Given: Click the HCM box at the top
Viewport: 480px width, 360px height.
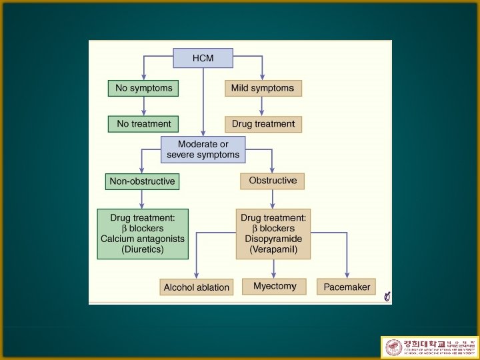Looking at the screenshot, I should [x=203, y=58].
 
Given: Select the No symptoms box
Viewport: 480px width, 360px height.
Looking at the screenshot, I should [x=143, y=88].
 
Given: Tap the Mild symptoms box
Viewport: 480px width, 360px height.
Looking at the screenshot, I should [x=262, y=88].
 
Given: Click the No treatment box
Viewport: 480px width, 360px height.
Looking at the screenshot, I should [x=143, y=123].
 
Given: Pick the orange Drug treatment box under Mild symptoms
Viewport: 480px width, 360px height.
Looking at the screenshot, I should [x=263, y=124].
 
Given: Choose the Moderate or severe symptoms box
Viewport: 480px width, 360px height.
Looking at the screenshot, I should [x=203, y=149].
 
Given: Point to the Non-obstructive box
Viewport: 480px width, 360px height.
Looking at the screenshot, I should [x=142, y=181].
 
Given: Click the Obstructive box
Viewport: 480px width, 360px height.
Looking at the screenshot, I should [x=272, y=181].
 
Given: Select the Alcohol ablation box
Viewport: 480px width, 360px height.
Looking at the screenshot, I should [x=196, y=287].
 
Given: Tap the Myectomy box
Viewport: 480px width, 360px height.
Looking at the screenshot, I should [x=274, y=287].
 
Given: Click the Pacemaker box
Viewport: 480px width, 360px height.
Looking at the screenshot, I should [x=347, y=287].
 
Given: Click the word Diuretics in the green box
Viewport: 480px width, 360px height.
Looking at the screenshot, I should [x=143, y=249].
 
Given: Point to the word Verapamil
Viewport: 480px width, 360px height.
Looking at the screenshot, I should [x=273, y=249].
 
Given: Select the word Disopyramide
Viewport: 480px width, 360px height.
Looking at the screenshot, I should [x=273, y=239].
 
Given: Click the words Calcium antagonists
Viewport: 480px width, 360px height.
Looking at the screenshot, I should [x=143, y=239].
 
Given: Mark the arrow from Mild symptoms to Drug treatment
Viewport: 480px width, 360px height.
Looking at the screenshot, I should [x=262, y=106].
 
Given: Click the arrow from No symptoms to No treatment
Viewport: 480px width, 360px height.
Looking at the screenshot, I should [x=143, y=106].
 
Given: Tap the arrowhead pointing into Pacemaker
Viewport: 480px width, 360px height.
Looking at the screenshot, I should [x=347, y=274].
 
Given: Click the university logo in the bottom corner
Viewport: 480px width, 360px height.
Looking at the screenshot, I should [x=428, y=347].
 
